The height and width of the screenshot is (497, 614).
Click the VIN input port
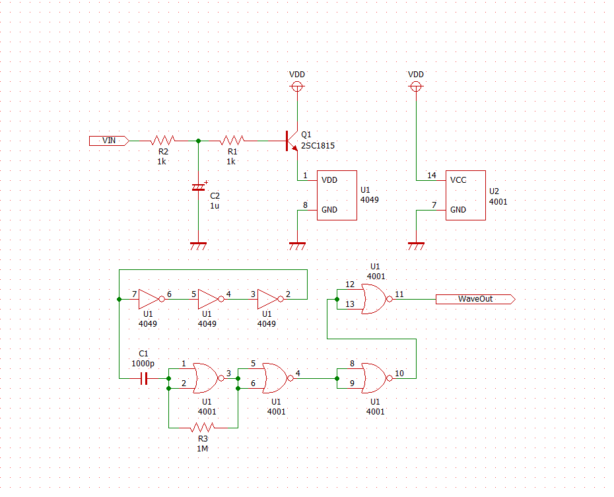[109, 141]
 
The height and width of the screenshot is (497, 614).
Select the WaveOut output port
[475, 300]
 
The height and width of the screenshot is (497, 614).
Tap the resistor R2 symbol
[163, 141]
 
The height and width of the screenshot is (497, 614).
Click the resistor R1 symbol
[232, 141]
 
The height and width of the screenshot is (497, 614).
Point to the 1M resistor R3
[203, 428]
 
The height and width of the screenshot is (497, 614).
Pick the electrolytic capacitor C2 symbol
[199, 187]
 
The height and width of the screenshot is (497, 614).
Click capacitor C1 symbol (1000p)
[144, 378]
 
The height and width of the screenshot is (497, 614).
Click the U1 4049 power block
[337, 195]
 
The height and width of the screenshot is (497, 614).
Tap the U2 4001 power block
[465, 195]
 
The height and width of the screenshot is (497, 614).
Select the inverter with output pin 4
[211, 300]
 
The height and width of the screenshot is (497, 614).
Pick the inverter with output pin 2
[270, 300]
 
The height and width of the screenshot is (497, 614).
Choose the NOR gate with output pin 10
[376, 378]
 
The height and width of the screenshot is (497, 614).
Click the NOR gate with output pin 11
[376, 300]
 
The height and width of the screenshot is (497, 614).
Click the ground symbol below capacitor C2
[198, 246]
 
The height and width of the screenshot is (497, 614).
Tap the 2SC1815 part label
[318, 146]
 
